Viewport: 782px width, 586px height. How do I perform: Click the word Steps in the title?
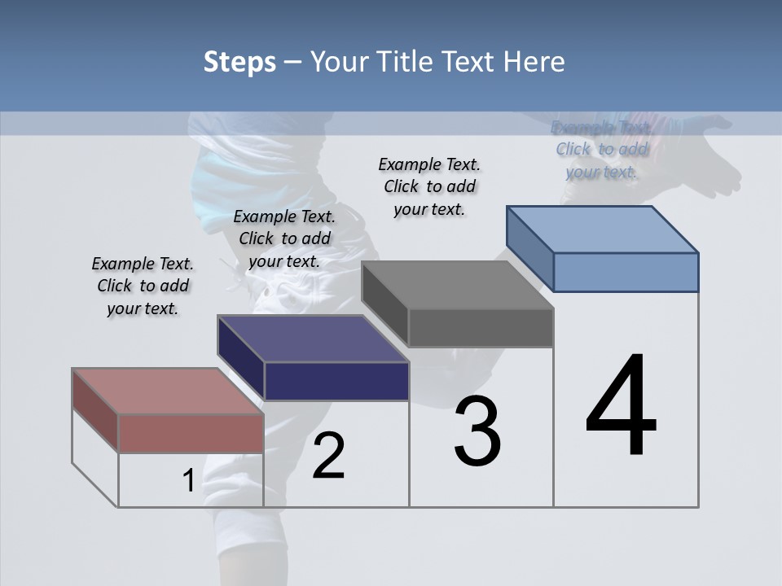point(239,62)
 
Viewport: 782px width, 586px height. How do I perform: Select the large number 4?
point(621,406)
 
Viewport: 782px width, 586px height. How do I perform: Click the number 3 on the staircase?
point(477,431)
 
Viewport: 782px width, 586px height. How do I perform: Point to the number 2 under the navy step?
point(328,456)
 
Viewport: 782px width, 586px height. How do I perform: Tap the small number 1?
point(188,481)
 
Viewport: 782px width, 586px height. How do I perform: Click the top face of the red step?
point(167,391)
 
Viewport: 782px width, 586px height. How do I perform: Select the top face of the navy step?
point(313,339)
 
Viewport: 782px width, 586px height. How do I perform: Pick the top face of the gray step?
point(457,285)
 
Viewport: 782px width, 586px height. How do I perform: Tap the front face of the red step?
point(191,432)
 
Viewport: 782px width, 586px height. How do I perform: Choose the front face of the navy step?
point(336,381)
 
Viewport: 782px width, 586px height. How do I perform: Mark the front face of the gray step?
point(481,327)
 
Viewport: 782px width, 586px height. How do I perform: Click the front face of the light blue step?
point(626,272)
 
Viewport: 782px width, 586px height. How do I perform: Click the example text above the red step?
point(143,286)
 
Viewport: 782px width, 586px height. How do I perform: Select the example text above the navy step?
point(284,238)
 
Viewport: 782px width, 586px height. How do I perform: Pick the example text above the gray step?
point(429,186)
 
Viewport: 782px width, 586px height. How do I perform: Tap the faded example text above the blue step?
point(601,149)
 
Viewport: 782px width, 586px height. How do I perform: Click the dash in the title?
point(292,63)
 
